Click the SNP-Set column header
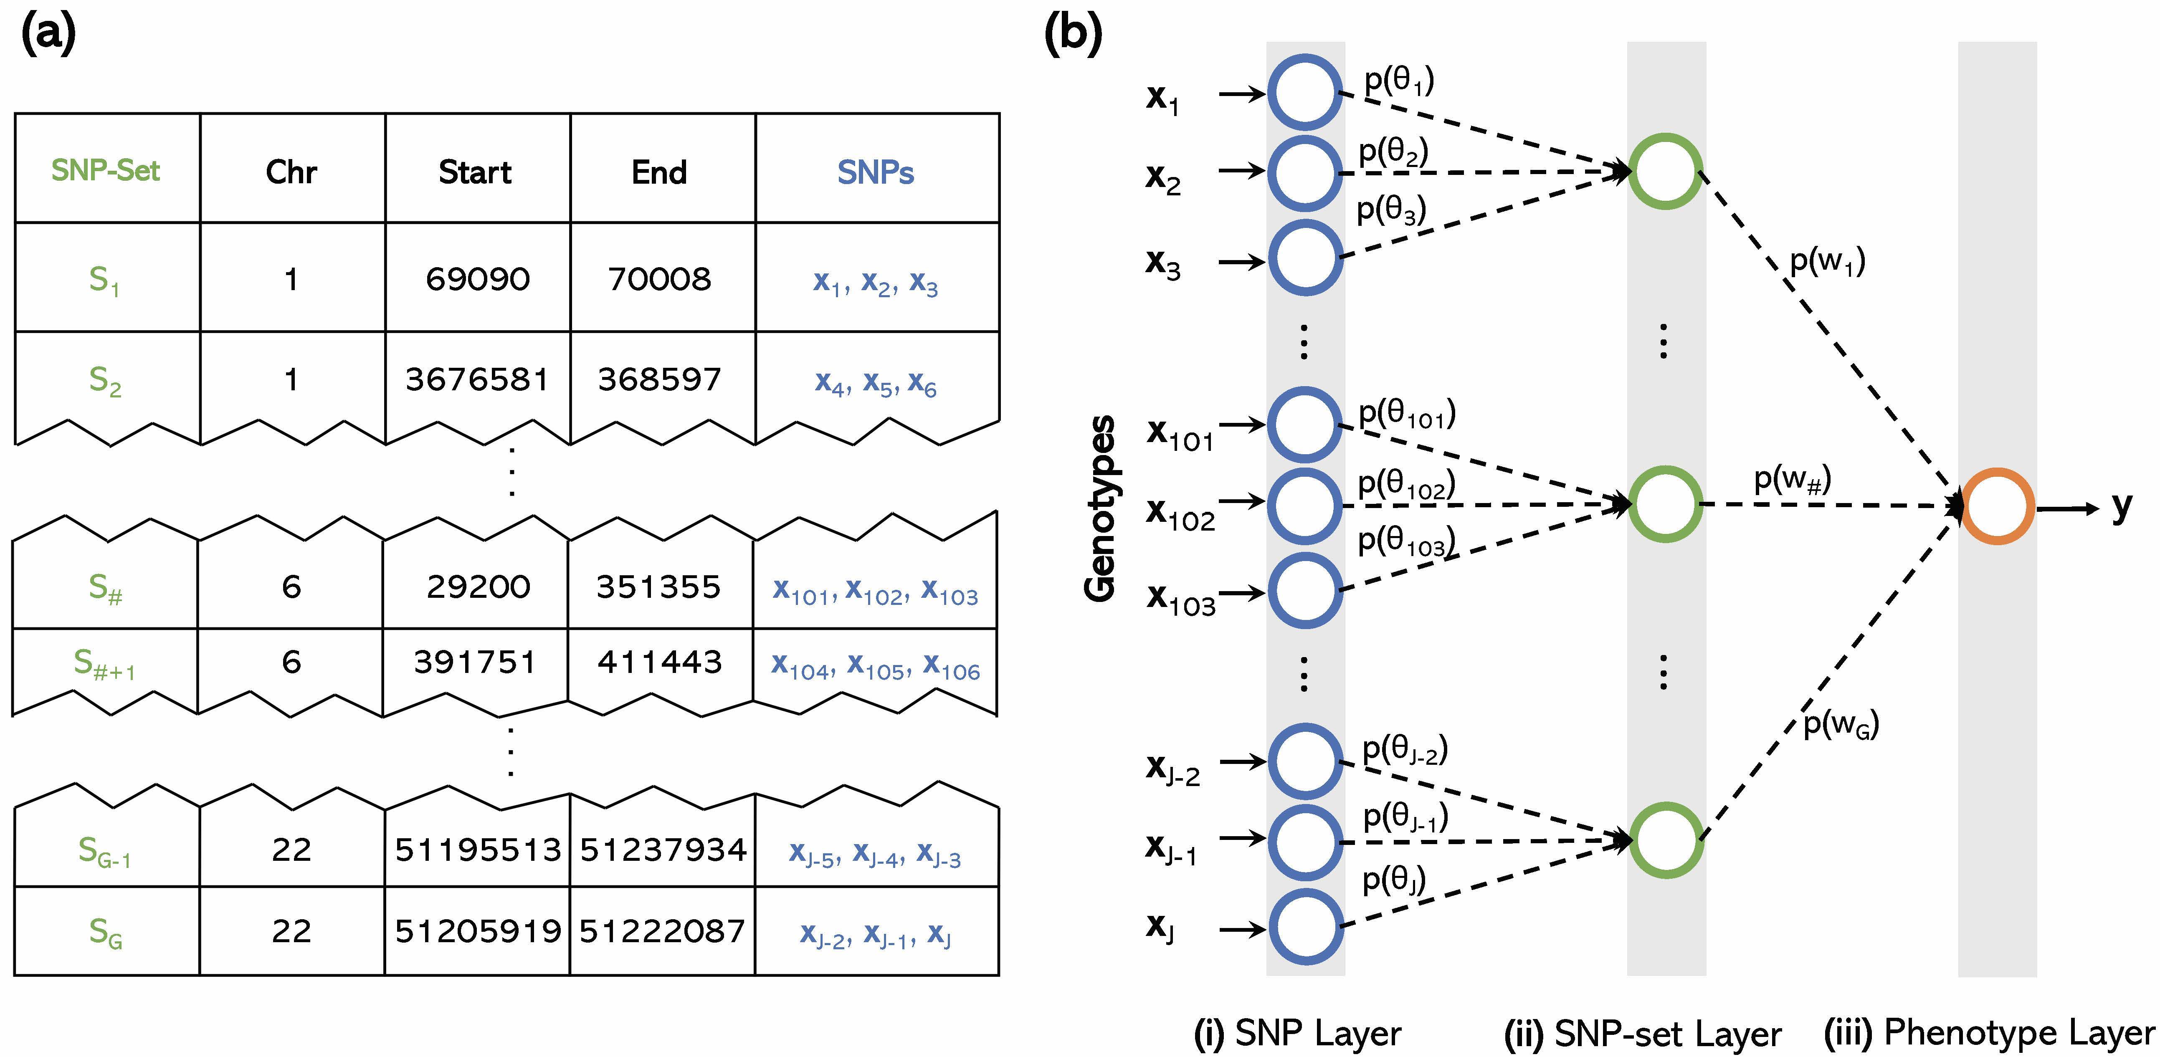click(x=106, y=170)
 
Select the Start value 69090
click(x=477, y=279)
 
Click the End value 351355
click(x=659, y=587)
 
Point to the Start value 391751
click(x=475, y=662)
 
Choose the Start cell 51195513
click(x=477, y=850)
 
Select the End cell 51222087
click(x=661, y=931)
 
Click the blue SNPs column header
click(x=876, y=172)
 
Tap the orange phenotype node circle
click(x=1997, y=506)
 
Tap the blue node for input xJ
click(x=1305, y=927)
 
